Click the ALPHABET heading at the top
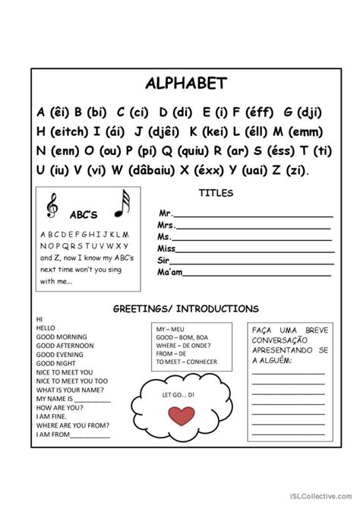click(179, 82)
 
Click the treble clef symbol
click(52, 204)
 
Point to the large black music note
click(122, 204)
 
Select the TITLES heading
click(216, 193)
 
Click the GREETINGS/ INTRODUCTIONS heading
click(185, 309)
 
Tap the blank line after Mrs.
click(254, 226)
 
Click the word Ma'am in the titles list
click(169, 270)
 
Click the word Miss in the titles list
click(166, 248)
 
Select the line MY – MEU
click(171, 327)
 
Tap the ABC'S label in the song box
click(84, 215)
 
